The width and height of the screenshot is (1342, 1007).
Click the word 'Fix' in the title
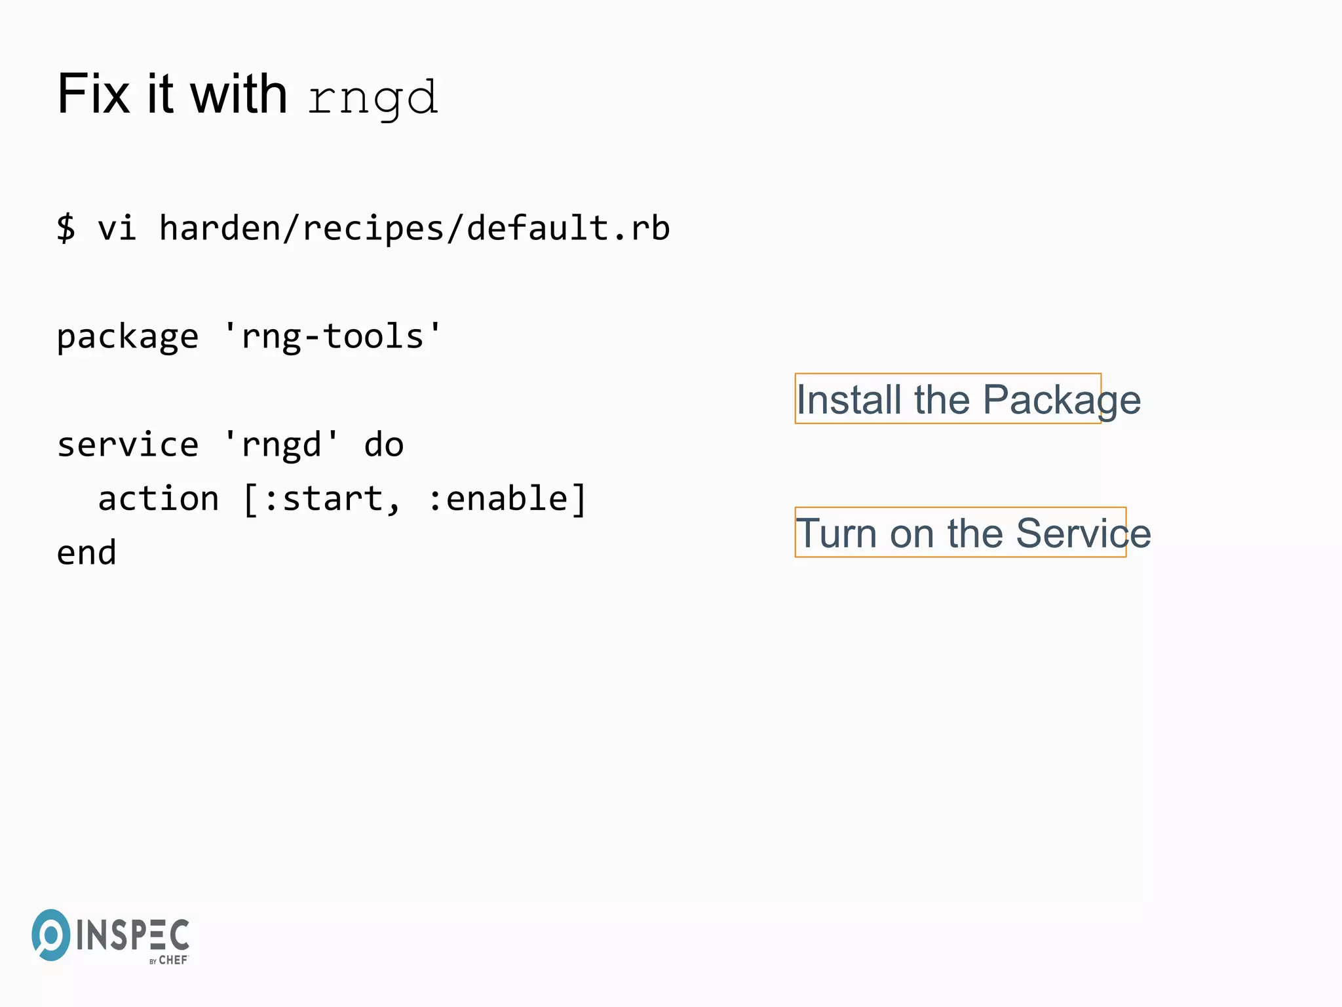tap(93, 95)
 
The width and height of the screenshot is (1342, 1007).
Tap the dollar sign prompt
tap(66, 228)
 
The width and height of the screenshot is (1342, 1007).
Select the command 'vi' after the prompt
tap(117, 228)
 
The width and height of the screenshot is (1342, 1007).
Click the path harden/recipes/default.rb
tap(414, 228)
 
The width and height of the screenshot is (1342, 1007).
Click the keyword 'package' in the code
tap(127, 337)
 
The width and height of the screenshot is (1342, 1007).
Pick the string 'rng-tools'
tap(332, 337)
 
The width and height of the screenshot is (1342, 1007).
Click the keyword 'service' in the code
tap(127, 445)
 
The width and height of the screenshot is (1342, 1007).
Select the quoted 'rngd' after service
tap(281, 445)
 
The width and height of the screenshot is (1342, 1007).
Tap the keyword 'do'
tap(383, 445)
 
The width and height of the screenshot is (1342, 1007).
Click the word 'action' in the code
tap(158, 499)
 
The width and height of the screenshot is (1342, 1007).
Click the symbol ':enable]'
tap(507, 499)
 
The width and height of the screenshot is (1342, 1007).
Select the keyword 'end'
tap(86, 553)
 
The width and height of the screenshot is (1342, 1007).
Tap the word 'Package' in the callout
tap(1062, 399)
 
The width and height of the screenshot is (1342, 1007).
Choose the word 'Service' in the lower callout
tap(1083, 533)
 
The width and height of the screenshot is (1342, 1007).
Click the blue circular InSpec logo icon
tap(50, 935)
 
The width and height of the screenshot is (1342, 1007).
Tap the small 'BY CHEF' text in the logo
tap(168, 960)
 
